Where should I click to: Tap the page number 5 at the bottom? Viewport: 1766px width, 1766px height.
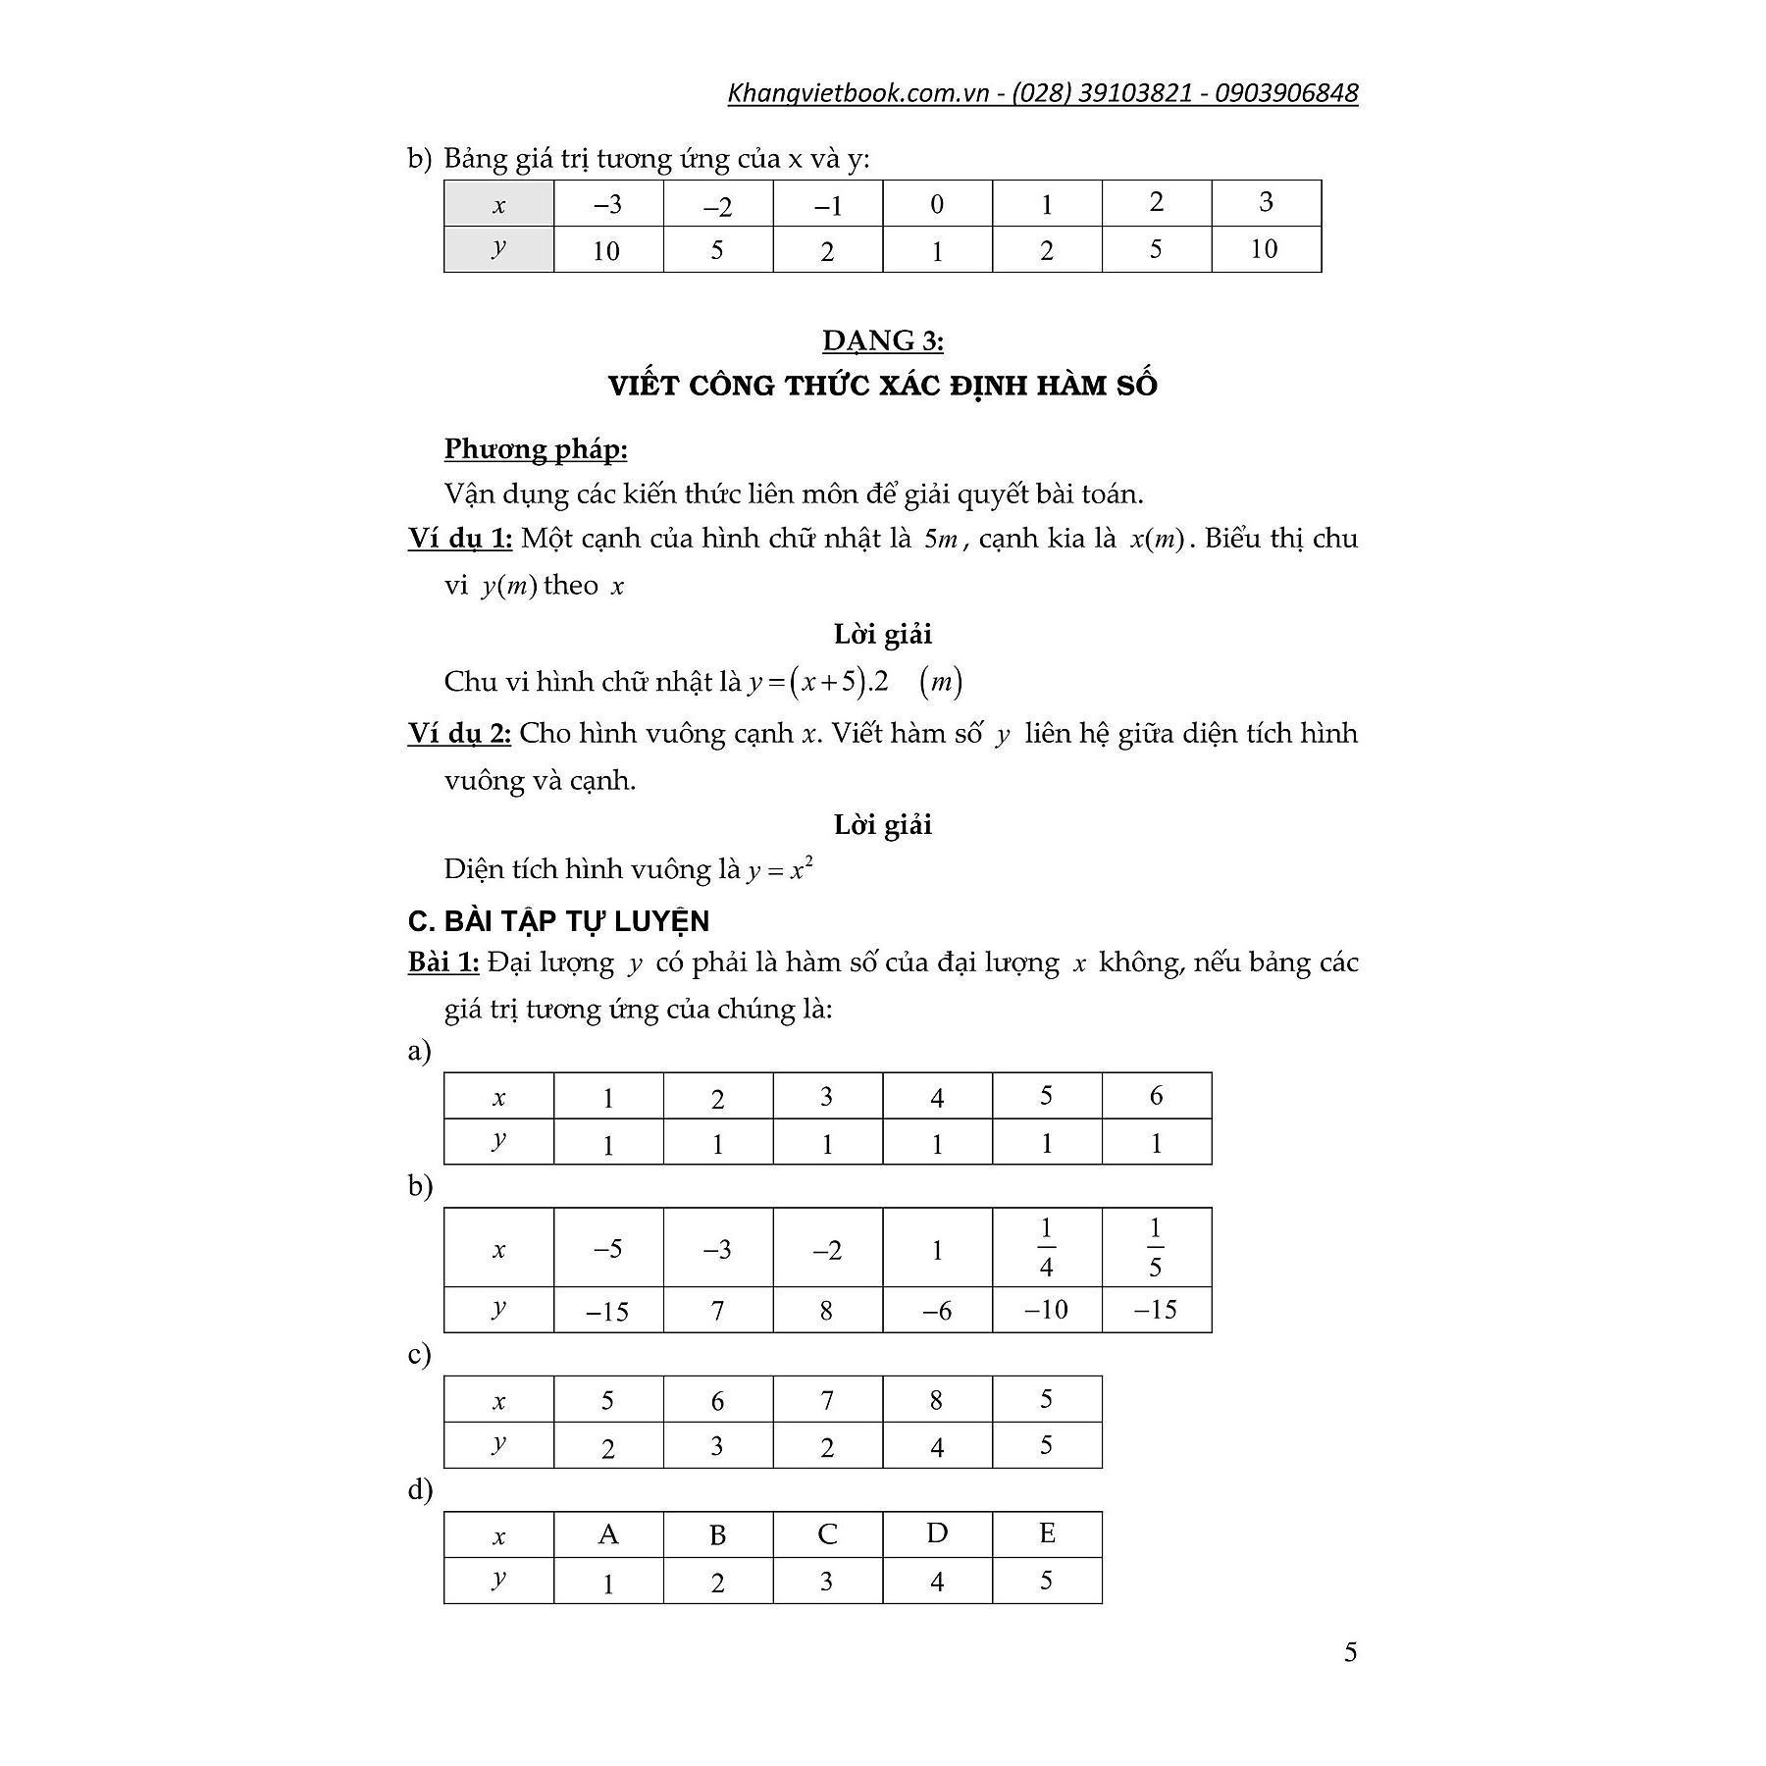coord(1350,1652)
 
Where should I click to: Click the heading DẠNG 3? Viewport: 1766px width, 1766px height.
coord(882,340)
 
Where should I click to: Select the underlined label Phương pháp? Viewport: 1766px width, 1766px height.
coord(536,449)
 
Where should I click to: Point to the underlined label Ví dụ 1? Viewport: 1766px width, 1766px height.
coord(460,538)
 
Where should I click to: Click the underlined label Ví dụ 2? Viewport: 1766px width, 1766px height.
coord(460,733)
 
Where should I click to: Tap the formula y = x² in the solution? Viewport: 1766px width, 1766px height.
coord(780,869)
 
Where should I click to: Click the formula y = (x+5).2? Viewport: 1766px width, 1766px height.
coord(817,682)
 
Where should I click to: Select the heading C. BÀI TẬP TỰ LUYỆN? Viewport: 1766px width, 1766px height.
coord(558,921)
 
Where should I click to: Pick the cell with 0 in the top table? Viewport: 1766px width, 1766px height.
coord(937,204)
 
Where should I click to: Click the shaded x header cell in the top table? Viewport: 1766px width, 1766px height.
coord(498,204)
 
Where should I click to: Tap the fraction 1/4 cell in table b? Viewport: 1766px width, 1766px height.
coord(1046,1247)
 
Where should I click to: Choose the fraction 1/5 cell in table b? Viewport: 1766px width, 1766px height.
coord(1156,1247)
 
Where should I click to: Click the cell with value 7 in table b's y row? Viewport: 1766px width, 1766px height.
coord(717,1310)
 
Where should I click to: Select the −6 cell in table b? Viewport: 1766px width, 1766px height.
coord(937,1310)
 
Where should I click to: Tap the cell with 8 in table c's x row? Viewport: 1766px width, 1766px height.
coord(937,1400)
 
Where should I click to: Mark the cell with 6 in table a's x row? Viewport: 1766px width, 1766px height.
coord(1156,1096)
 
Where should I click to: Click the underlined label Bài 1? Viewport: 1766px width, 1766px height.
coord(443,962)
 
